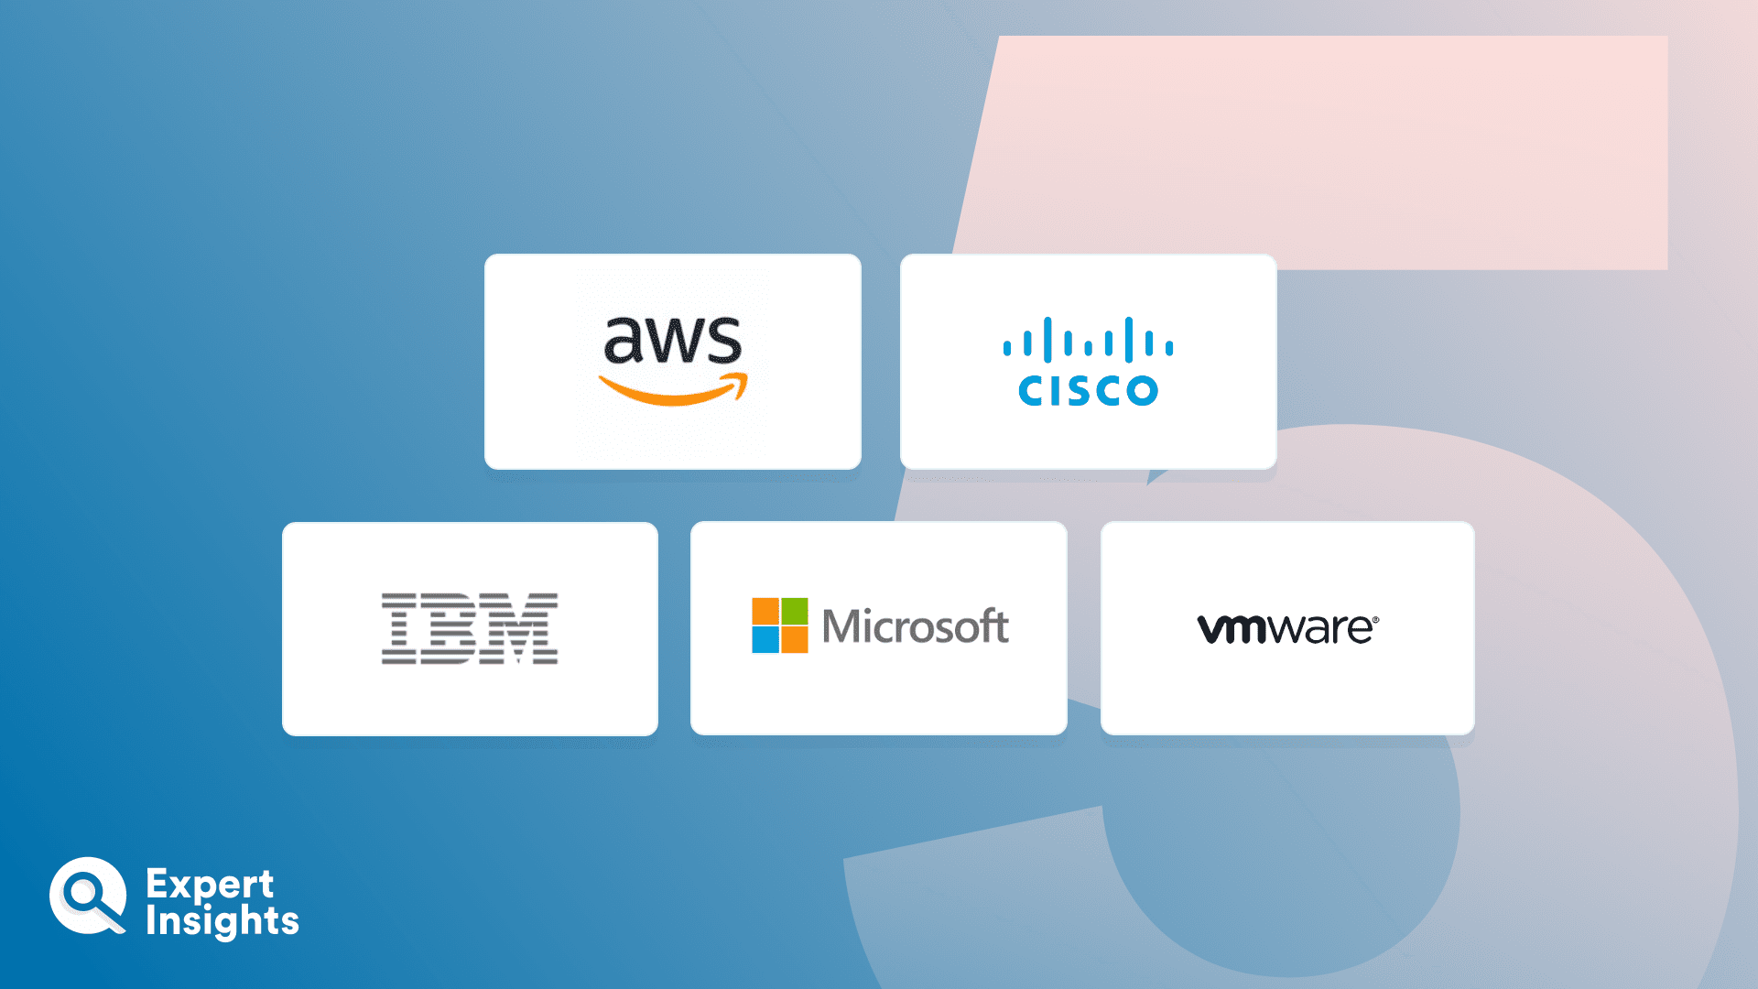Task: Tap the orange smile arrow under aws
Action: (673, 391)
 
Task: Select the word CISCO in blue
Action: (1089, 391)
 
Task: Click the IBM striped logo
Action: (470, 628)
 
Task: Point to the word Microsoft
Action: (916, 626)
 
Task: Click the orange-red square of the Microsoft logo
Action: (765, 611)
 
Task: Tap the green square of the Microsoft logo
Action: (795, 611)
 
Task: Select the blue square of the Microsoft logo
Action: (765, 640)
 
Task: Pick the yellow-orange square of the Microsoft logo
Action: (795, 640)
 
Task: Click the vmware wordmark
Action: (1286, 629)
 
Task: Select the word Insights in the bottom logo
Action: (222, 921)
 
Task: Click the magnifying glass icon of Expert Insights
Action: (88, 896)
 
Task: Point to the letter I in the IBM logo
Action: (399, 628)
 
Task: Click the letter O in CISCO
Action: (1142, 391)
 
